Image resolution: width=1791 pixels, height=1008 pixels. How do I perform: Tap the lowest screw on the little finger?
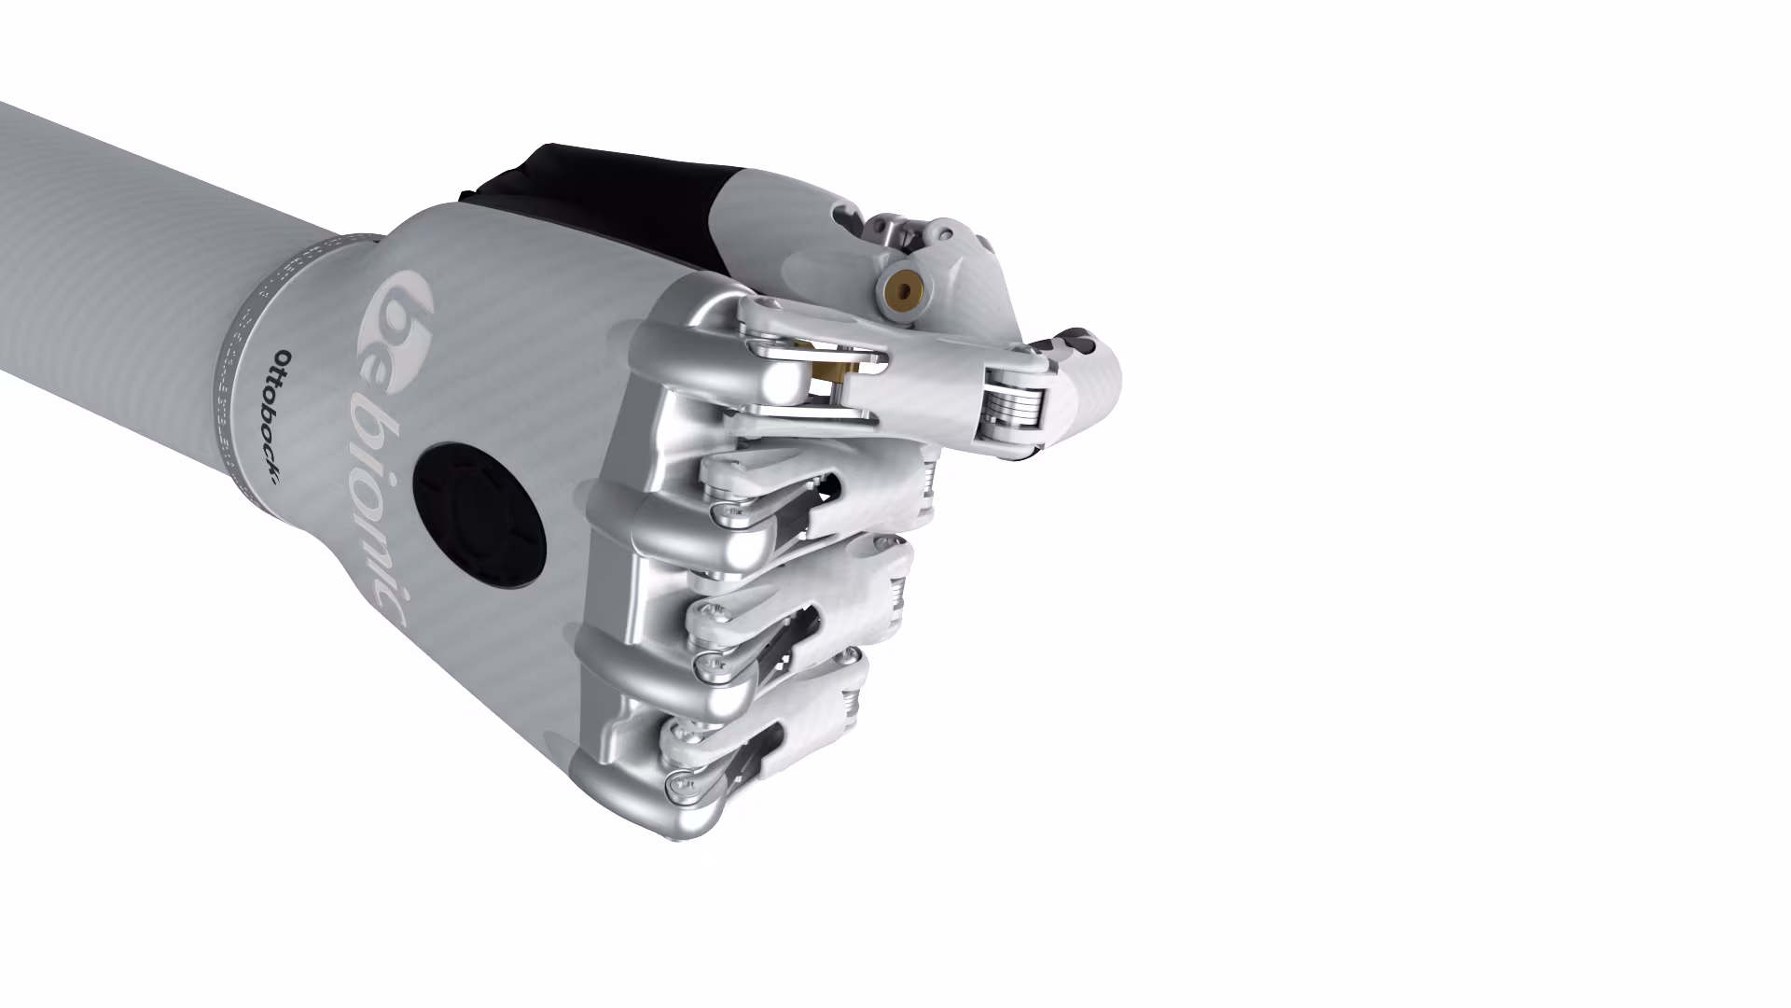coord(678,788)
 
